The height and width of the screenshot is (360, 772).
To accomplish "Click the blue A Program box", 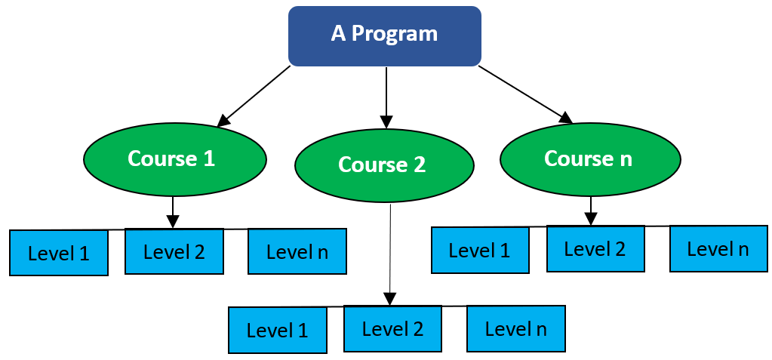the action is [385, 36].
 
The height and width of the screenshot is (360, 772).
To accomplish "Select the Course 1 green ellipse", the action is [175, 159].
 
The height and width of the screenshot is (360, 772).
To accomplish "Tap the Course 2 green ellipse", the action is [385, 165].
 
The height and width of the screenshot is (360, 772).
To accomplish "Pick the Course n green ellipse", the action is [590, 159].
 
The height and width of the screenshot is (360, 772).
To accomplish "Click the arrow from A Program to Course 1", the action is [254, 96].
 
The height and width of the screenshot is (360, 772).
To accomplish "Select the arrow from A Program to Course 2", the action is [386, 97].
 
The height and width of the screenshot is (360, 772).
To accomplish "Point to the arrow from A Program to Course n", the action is [526, 94].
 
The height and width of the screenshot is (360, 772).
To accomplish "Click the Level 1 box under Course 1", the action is [59, 253].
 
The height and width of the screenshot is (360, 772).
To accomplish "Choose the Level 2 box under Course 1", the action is [174, 251].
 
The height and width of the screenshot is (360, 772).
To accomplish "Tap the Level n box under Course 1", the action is [297, 251].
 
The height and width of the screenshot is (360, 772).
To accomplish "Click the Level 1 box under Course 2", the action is [278, 330].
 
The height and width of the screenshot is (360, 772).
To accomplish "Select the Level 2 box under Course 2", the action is [393, 328].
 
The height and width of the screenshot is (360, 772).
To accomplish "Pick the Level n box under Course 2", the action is [516, 328].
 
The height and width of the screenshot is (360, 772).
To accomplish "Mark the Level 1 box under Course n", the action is [480, 250].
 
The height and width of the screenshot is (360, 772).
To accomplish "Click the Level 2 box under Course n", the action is [595, 249].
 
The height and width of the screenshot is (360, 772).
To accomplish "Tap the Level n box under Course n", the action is [718, 249].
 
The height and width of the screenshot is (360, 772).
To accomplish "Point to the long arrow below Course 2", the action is [390, 254].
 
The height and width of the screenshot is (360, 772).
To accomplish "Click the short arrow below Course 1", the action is [172, 213].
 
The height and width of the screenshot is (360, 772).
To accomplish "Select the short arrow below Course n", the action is [591, 211].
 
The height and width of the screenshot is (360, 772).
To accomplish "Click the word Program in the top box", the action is [395, 35].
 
